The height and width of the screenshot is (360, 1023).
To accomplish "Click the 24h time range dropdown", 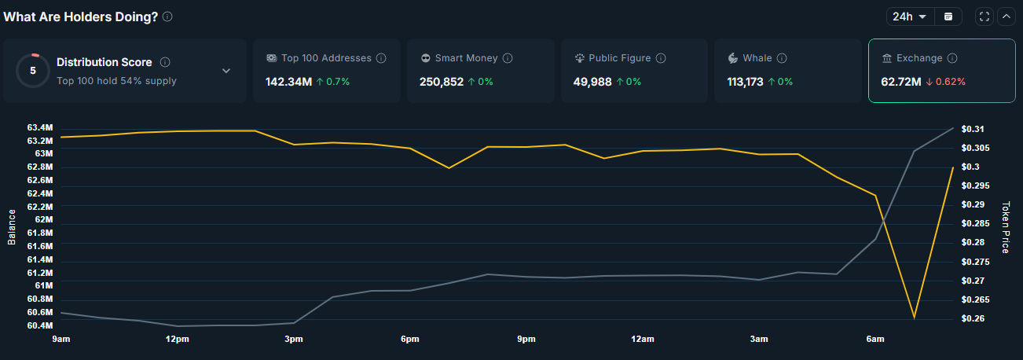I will pos(910,17).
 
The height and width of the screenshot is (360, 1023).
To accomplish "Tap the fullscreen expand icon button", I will pos(984,17).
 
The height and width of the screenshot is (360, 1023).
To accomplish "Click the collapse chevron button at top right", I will pos(1006,17).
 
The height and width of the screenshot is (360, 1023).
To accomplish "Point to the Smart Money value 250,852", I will pos(441,81).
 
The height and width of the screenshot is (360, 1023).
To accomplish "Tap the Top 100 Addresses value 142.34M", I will pos(288,81).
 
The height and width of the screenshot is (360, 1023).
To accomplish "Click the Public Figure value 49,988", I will pos(592,81).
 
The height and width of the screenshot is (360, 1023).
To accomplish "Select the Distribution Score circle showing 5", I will pos(33,70).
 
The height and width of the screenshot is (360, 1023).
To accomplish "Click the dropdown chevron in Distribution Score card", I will pos(226,71).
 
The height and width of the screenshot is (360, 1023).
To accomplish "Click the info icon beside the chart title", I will pos(167,17).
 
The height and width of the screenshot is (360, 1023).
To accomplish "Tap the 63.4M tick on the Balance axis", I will pos(39,127).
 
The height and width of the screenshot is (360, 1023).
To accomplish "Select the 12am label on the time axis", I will pos(642,339).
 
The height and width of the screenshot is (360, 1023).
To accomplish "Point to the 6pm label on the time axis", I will pos(409,339).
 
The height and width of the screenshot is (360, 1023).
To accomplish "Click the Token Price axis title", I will pos(1005,227).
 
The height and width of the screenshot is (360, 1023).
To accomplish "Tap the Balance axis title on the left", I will pos(12,227).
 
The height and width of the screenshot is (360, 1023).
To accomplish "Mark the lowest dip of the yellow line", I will pos(914,318).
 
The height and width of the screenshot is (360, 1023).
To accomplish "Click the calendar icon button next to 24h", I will pos(948,17).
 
